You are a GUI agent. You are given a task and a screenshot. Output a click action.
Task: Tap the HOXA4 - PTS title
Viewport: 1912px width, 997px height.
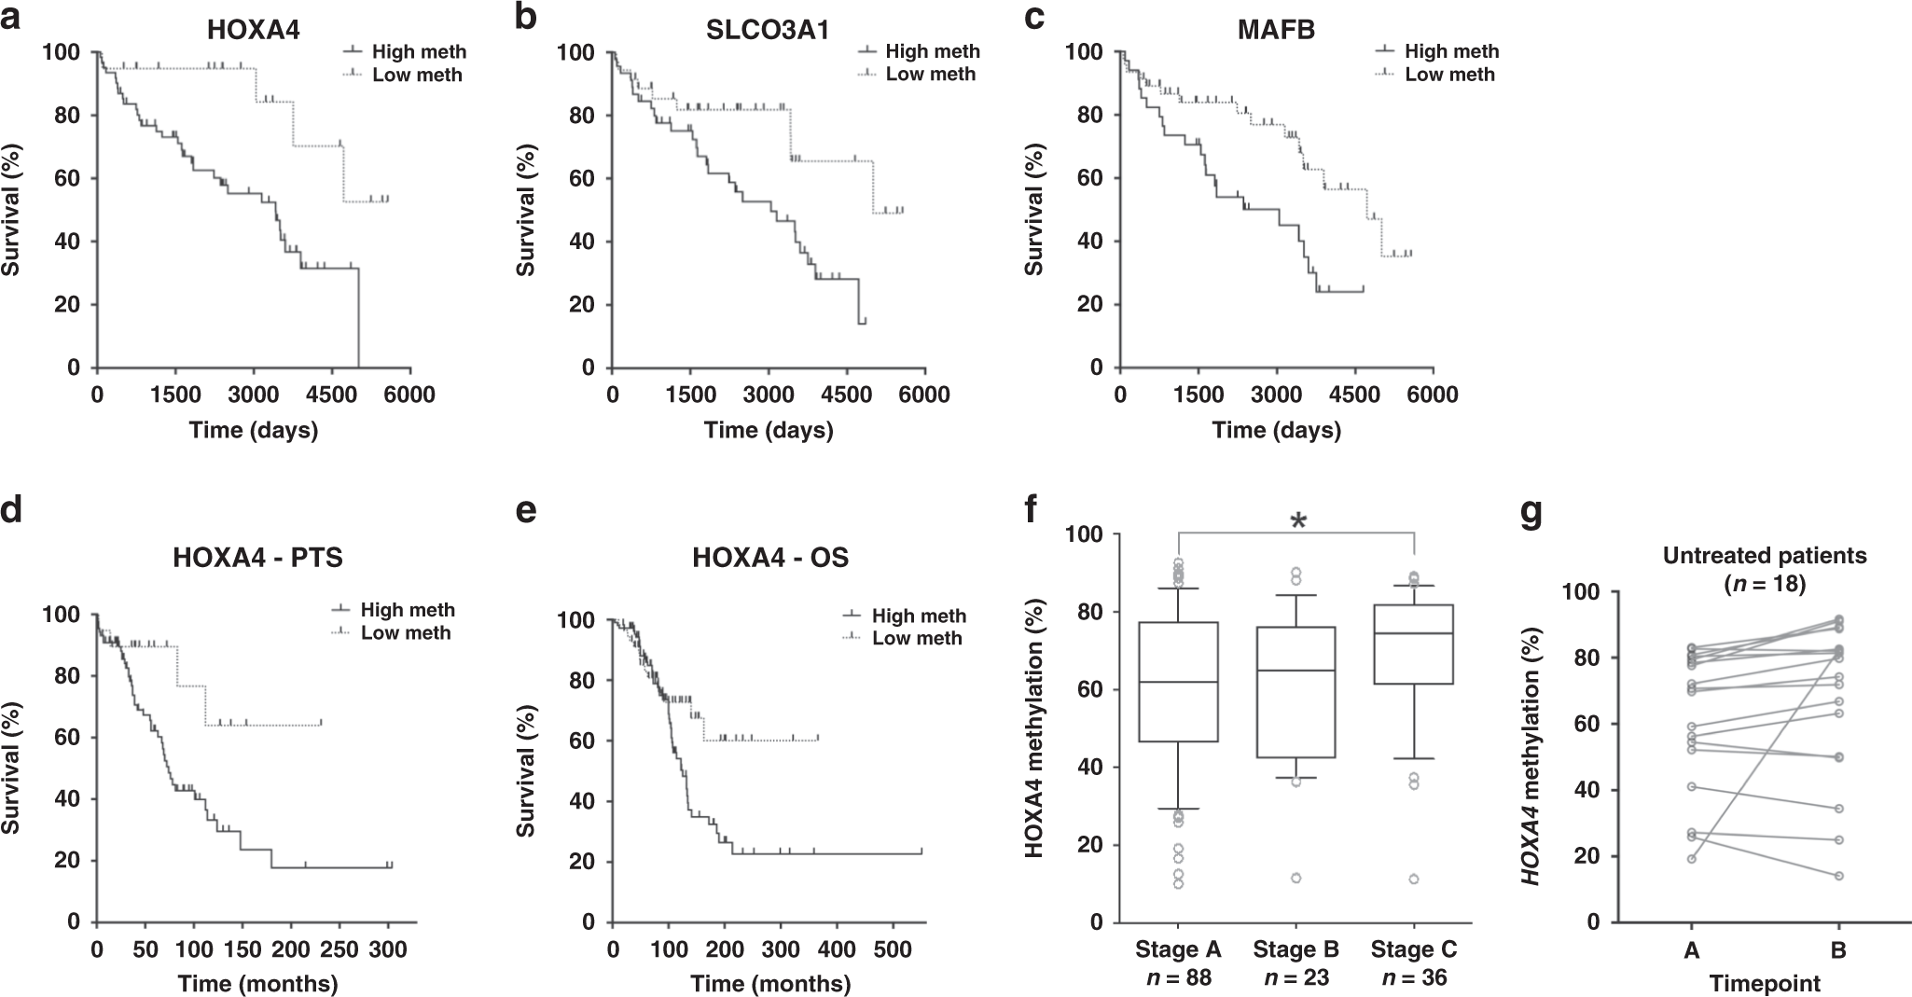[x=257, y=559]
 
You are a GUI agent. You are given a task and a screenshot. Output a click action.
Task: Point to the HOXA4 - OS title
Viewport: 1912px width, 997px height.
[x=770, y=559]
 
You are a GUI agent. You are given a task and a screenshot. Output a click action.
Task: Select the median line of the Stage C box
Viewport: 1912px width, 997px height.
[x=1415, y=633]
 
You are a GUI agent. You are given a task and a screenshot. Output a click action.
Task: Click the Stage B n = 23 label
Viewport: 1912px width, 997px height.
[x=1296, y=963]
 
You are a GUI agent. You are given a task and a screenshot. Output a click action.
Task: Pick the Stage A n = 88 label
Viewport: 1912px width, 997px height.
[x=1179, y=963]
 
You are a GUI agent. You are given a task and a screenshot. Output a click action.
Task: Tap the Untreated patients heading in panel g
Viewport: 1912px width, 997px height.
[x=1765, y=556]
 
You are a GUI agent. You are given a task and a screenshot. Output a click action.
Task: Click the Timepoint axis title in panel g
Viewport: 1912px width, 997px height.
[x=1765, y=984]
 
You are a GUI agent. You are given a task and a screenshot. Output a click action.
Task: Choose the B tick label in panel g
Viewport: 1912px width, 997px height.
[x=1838, y=951]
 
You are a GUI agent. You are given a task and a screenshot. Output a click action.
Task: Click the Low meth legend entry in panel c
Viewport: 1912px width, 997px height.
[x=1449, y=75]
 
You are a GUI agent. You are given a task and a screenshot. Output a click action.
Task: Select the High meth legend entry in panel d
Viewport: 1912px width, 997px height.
[x=408, y=610]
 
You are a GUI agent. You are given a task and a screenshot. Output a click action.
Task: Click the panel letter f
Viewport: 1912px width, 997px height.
[x=1029, y=512]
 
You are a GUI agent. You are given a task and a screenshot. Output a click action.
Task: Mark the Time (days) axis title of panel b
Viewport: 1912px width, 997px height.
[x=769, y=431]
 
